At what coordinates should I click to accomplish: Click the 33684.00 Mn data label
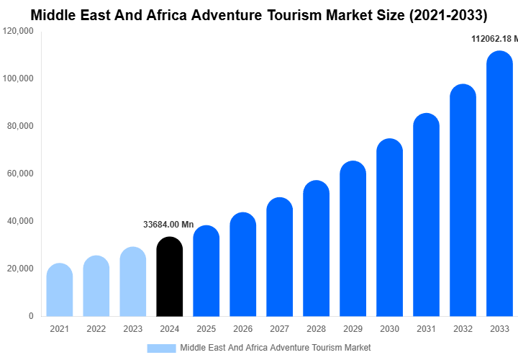tap(168, 225)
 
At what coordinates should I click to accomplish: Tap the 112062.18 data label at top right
tap(494, 38)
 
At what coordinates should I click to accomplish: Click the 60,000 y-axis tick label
tap(20, 174)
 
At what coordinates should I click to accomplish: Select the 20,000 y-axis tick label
tap(20, 269)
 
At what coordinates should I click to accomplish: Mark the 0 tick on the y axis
tap(31, 316)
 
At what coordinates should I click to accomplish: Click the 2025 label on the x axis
tap(206, 329)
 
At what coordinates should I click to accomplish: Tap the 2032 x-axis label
tap(463, 329)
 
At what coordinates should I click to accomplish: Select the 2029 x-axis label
tap(353, 329)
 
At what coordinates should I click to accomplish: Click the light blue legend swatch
tap(161, 348)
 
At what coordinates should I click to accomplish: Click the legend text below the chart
tap(275, 348)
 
